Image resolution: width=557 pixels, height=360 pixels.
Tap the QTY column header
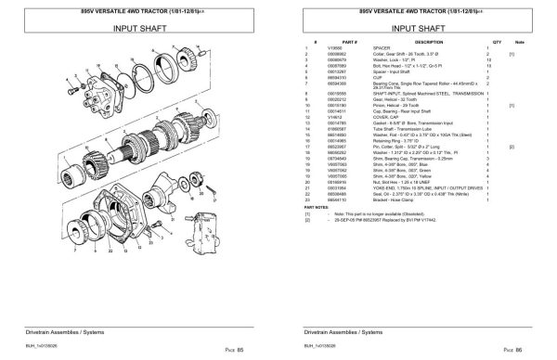pyautogui.click(x=497, y=42)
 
